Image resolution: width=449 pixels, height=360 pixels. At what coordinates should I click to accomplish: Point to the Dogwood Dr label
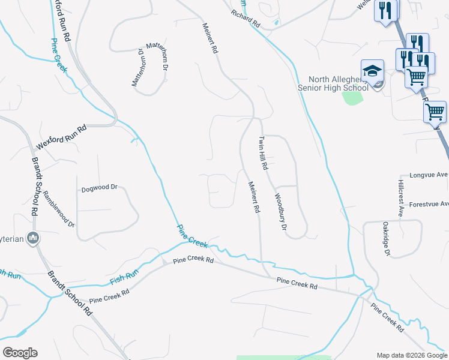coord(99,188)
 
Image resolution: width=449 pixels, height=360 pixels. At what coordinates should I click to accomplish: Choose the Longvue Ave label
coord(429,175)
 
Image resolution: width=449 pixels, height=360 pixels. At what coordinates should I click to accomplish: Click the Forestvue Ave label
coord(429,204)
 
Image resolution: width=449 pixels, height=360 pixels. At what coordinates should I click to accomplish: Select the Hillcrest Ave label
coord(400,197)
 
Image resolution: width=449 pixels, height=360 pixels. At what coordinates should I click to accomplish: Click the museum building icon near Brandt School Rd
coord(33,238)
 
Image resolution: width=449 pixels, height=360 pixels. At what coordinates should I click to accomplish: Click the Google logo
coord(20,352)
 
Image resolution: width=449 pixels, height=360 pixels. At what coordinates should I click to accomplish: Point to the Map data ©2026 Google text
coord(411,355)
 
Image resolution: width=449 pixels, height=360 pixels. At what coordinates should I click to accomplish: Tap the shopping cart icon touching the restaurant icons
coord(416,77)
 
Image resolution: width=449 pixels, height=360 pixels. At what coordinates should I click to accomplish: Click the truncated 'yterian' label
coord(13,238)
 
